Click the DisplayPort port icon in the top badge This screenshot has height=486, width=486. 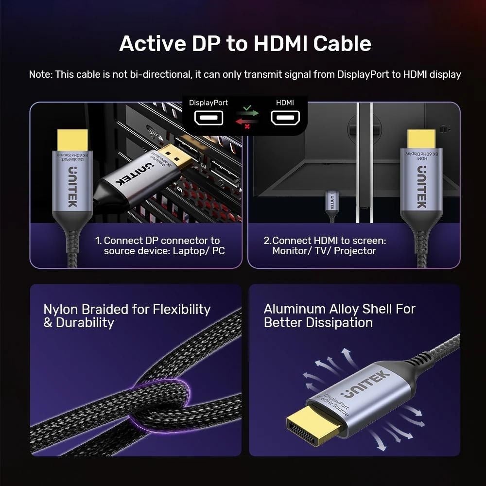[x=208, y=118]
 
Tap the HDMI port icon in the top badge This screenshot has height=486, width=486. [x=285, y=118]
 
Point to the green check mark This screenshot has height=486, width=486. [x=247, y=108]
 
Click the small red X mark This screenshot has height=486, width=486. [x=247, y=126]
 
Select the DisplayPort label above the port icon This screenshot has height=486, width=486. [x=208, y=103]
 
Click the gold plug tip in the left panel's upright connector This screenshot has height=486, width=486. [x=72, y=140]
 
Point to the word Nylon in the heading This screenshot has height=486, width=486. [x=62, y=310]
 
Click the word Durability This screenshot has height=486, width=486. [x=85, y=323]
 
